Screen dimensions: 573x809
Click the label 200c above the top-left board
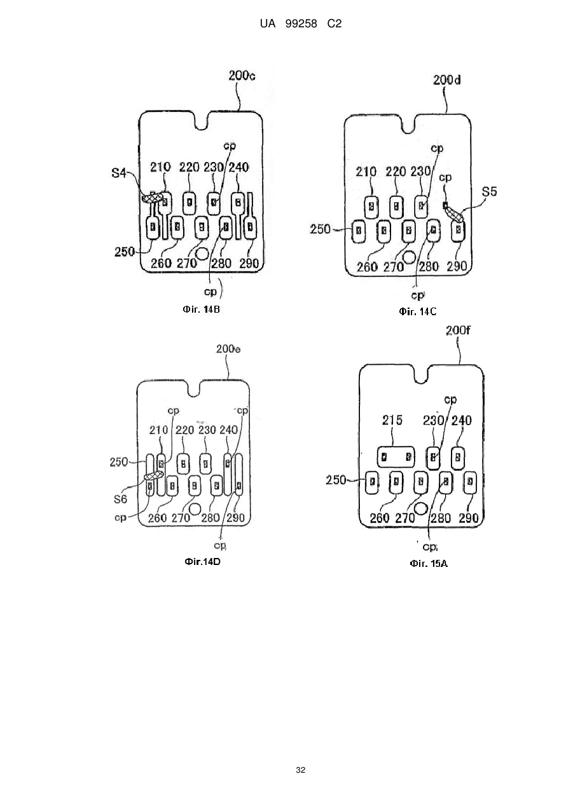click(242, 76)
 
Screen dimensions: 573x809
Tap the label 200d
click(447, 80)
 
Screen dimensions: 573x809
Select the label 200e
click(228, 350)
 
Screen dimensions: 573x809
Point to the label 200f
click(458, 330)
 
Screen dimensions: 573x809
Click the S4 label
click(119, 173)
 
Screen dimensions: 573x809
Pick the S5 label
click(490, 191)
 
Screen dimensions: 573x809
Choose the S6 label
click(120, 499)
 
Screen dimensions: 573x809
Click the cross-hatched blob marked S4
click(152, 198)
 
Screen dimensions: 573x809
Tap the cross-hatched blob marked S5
click(455, 214)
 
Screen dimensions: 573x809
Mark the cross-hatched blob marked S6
click(154, 476)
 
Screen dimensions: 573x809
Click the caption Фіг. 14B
click(201, 309)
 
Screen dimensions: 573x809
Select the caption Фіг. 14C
click(418, 311)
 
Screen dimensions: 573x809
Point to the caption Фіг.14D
click(202, 562)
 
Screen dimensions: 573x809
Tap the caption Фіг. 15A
click(429, 564)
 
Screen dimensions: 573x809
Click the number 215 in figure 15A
click(392, 421)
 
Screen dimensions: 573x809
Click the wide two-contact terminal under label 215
click(396, 457)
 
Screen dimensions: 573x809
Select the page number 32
click(300, 770)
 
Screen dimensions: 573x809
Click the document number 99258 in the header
click(301, 24)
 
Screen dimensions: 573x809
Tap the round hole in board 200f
click(421, 508)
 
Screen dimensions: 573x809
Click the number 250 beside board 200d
click(320, 229)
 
